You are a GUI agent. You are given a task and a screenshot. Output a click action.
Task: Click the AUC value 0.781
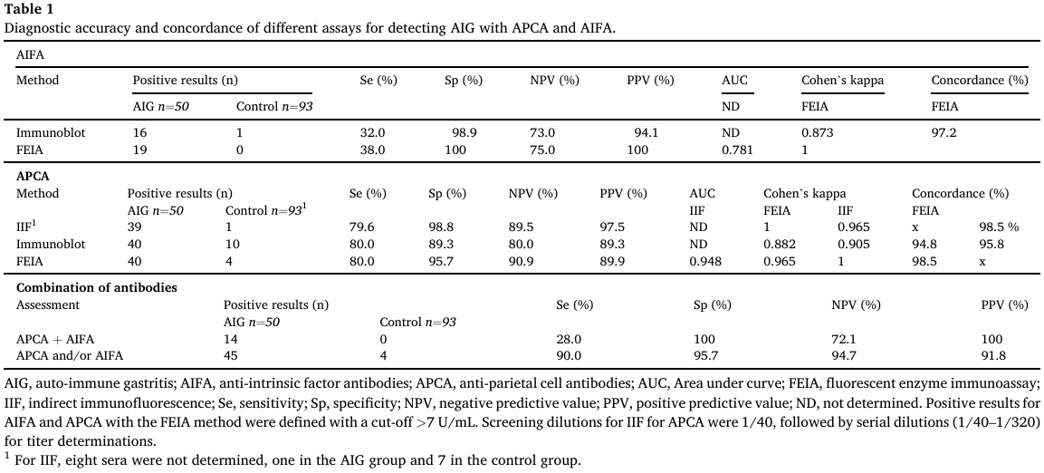coord(737,150)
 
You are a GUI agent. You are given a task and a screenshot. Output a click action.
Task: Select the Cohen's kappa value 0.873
coord(817,132)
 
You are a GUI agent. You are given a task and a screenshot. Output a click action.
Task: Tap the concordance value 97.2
coord(944,132)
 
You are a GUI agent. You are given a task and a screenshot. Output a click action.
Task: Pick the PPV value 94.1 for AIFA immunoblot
coord(646,132)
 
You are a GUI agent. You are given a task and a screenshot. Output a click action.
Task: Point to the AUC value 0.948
coord(705,262)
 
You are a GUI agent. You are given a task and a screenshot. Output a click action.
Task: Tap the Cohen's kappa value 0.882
coord(779,245)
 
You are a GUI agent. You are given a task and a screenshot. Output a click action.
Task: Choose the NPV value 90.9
coord(521,262)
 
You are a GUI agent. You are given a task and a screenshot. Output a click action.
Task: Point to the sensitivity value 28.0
coord(569,339)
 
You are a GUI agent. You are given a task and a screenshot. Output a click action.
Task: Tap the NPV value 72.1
coord(844,339)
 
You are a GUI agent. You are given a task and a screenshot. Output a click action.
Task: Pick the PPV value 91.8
coord(993,356)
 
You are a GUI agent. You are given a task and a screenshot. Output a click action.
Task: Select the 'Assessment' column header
coord(48,305)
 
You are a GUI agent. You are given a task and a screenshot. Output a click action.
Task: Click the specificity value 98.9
coord(465,132)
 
